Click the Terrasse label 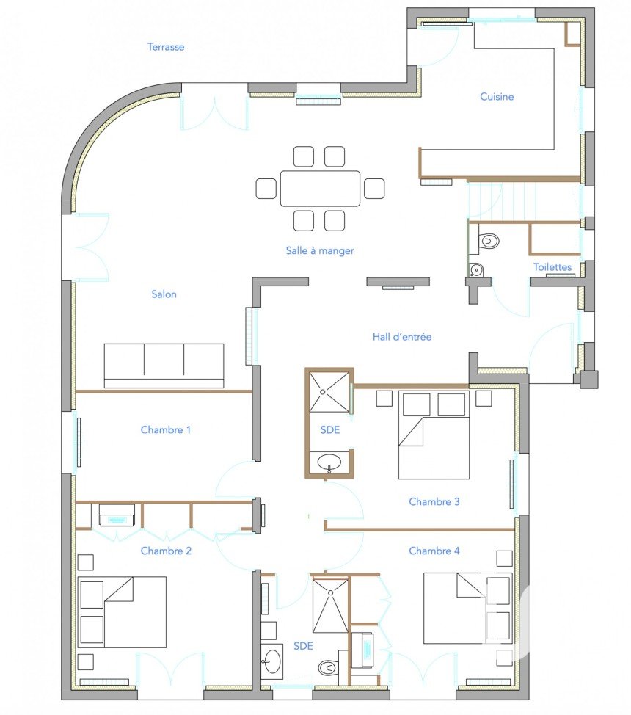click(x=166, y=46)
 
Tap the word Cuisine click(x=497, y=97)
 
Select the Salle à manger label click(x=320, y=250)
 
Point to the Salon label click(x=164, y=294)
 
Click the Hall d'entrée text click(x=401, y=337)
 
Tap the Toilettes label click(x=552, y=267)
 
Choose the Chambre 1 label click(x=166, y=429)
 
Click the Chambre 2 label click(x=166, y=551)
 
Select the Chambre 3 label click(x=434, y=501)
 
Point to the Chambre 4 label click(x=434, y=551)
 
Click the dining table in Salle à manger click(x=320, y=189)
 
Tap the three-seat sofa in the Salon click(x=164, y=366)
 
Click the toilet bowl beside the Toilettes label click(x=486, y=240)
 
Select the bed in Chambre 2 click(x=122, y=612)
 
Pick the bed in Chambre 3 click(x=434, y=435)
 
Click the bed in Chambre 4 click(x=468, y=609)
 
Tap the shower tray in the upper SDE click(x=330, y=392)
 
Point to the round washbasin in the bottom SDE click(x=273, y=661)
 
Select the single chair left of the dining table click(x=266, y=189)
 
